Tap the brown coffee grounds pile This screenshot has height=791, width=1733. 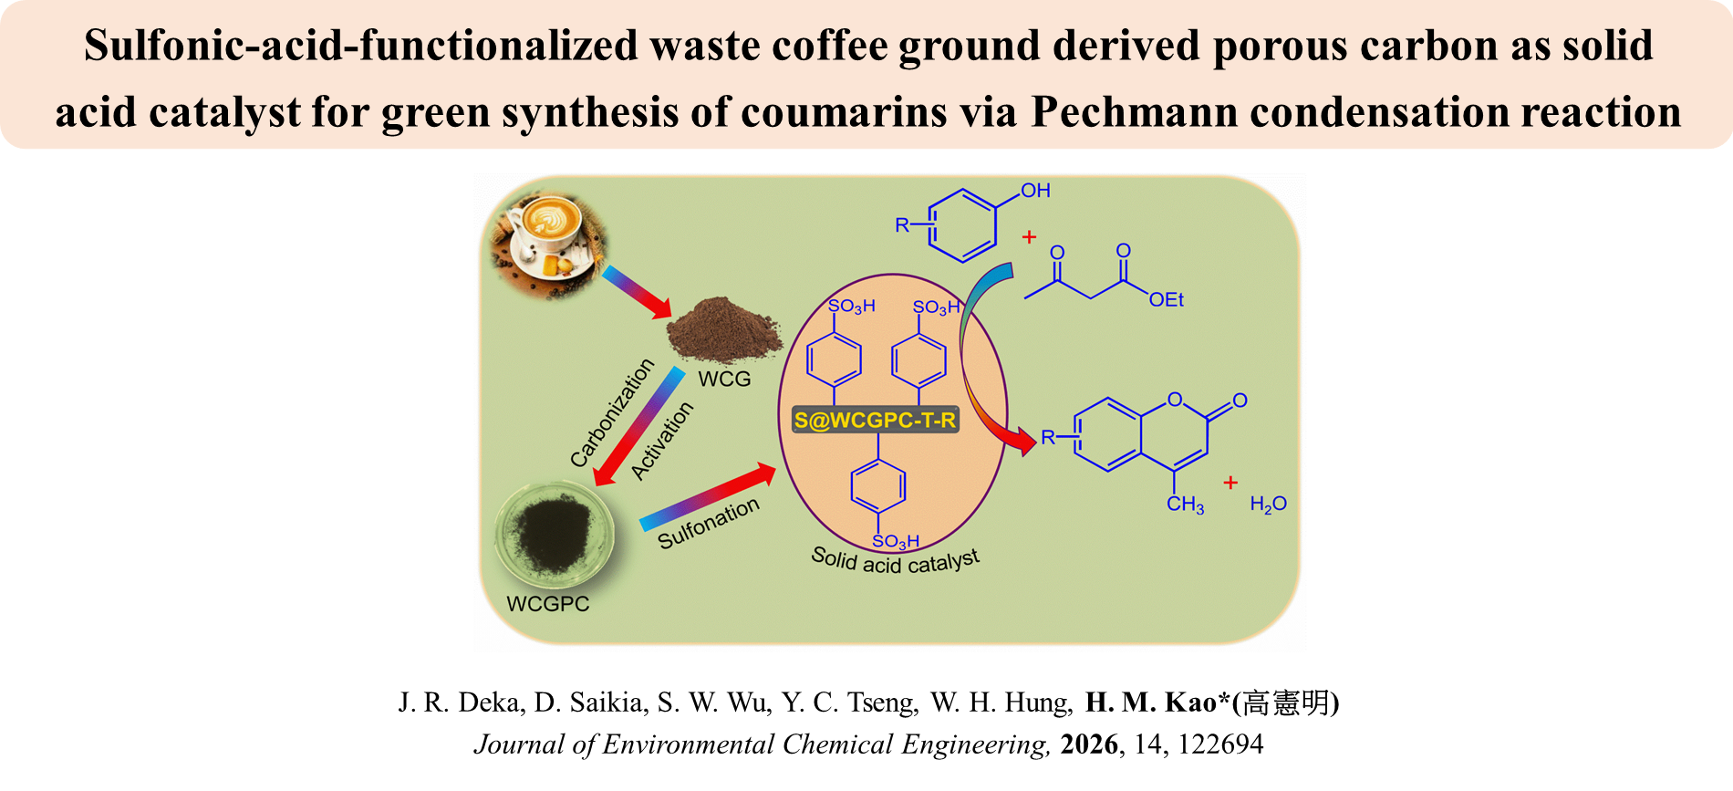724,329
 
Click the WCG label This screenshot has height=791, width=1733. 724,379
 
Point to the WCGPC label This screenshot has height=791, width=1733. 548,604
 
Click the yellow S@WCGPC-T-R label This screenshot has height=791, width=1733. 875,421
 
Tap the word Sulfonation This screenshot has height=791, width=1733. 708,524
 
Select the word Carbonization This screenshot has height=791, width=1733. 612,412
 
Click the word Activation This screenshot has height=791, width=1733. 662,442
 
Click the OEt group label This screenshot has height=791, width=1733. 1166,300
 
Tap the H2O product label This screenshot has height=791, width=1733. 1268,505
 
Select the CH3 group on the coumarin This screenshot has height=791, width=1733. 1185,505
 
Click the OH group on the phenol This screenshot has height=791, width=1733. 1035,191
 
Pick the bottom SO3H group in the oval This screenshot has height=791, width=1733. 895,542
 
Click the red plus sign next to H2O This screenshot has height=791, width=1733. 1230,483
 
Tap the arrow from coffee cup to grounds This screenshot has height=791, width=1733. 637,293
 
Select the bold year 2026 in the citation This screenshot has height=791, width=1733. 1089,744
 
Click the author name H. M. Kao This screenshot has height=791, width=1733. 1150,703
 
